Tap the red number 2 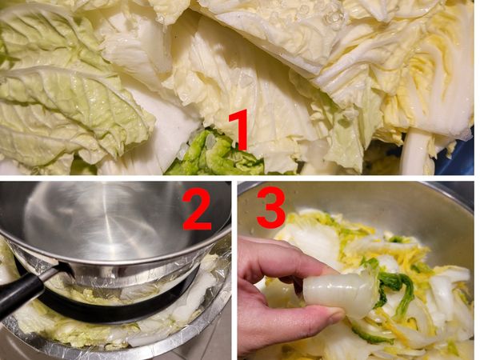point(197,209)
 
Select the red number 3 point(271,208)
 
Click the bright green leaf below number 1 point(214,154)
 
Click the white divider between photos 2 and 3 point(234,270)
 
